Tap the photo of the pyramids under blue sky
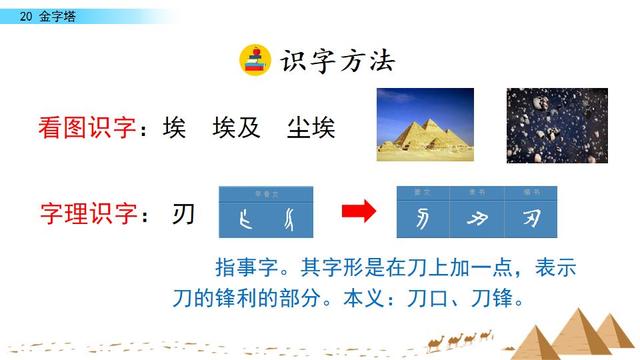pos(425,124)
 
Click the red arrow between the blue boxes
pos(358,211)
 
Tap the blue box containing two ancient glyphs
pos(265,211)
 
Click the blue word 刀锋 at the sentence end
pos(492,298)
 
